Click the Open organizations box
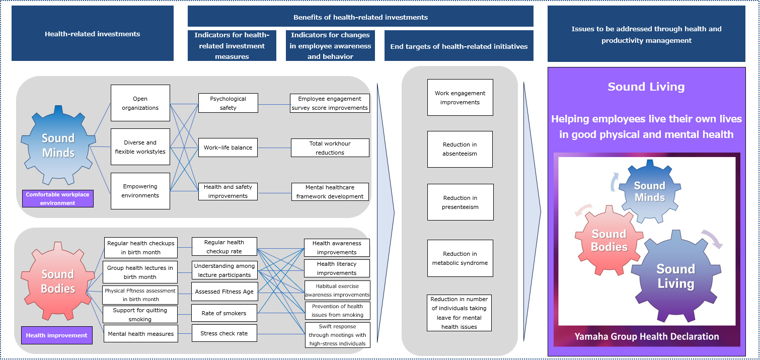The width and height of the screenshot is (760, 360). click(140, 103)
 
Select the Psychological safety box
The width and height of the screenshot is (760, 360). click(228, 103)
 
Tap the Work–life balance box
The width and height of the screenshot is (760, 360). click(228, 148)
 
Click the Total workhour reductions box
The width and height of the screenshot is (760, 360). click(330, 148)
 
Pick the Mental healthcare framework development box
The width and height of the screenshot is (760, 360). click(330, 192)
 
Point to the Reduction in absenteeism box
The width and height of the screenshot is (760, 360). click(460, 149)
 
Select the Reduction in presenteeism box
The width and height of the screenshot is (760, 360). click(460, 202)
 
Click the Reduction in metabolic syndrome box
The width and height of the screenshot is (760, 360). click(460, 258)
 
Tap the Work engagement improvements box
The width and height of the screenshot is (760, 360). click(460, 98)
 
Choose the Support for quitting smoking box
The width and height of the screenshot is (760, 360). click(140, 315)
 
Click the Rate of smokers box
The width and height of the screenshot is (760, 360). click(224, 313)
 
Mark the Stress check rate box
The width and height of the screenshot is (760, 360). click(224, 333)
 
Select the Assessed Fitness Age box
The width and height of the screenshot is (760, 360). click(224, 292)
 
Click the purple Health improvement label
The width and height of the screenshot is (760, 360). click(57, 335)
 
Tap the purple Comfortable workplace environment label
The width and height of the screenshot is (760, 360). click(58, 198)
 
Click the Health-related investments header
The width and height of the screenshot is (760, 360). click(92, 34)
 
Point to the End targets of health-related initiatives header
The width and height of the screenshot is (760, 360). click(459, 46)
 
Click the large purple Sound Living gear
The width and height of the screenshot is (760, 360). click(675, 276)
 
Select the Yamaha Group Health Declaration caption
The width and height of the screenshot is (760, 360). click(647, 336)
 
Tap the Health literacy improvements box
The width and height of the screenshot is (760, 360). click(337, 268)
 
